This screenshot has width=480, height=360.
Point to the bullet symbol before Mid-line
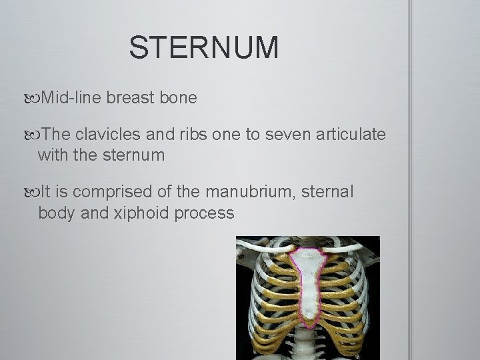(34, 99)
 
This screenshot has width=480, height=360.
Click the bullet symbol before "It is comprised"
(34, 193)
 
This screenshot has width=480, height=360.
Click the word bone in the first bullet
(178, 98)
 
